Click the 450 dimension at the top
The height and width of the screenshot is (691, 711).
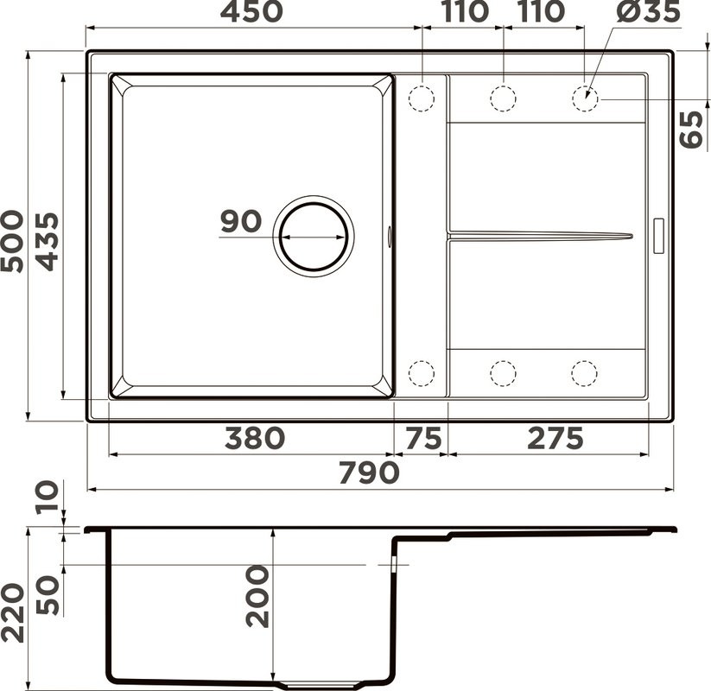(251, 12)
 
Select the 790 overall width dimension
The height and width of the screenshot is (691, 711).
(368, 472)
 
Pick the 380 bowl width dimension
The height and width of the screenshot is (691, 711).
(253, 438)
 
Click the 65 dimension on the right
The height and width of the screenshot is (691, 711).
(692, 130)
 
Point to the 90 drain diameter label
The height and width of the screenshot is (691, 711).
(240, 222)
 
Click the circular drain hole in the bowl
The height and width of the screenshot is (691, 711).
(314, 236)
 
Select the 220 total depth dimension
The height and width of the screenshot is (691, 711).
(12, 612)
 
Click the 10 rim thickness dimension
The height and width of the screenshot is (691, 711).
(48, 497)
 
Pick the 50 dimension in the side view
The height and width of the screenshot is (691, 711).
(48, 594)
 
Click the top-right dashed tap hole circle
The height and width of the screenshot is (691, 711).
(585, 98)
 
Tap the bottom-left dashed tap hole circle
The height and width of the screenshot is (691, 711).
(421, 373)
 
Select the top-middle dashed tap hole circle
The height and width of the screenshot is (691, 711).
(503, 98)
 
